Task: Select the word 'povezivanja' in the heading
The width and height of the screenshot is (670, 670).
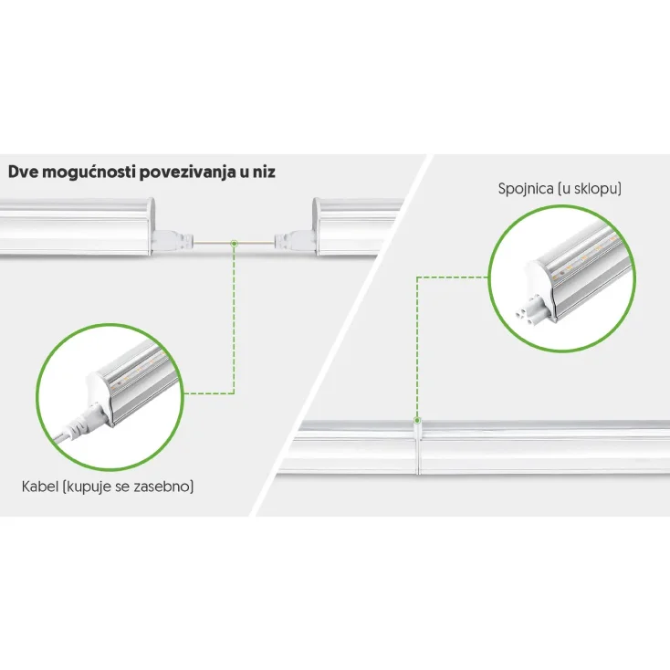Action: click(186, 173)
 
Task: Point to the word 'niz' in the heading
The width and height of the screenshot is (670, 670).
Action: click(264, 172)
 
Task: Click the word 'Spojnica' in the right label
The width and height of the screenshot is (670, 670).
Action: click(526, 188)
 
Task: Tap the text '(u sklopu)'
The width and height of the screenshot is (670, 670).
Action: click(590, 188)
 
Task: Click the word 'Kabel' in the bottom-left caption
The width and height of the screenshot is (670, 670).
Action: click(40, 487)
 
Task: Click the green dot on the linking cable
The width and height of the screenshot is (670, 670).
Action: click(234, 244)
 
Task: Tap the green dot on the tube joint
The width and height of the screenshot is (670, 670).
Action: click(417, 421)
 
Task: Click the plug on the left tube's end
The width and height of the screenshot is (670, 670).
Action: click(173, 240)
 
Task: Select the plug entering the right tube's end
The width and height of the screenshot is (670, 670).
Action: click(295, 241)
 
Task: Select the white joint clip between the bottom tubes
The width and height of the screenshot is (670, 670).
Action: click(417, 446)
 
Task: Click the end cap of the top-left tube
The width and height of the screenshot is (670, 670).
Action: click(151, 226)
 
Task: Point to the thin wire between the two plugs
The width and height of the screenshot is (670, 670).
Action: click(234, 243)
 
